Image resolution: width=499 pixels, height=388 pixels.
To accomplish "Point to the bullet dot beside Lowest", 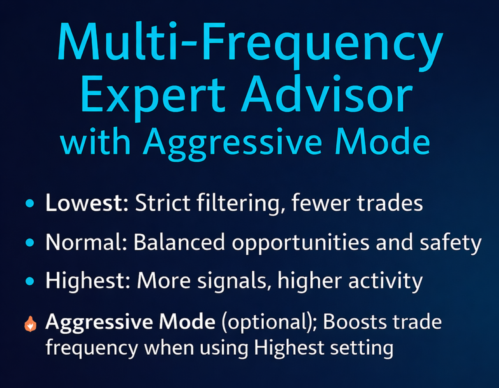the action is click(x=30, y=203).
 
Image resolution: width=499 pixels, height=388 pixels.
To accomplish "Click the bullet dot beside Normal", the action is click(x=30, y=242).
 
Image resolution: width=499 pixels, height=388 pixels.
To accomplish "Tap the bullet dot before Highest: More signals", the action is click(x=30, y=281).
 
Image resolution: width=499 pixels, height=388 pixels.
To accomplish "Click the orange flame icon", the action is click(x=30, y=324).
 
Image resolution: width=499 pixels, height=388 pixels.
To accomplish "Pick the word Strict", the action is click(x=162, y=203).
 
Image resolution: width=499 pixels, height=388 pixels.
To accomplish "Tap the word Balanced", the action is click(x=179, y=242).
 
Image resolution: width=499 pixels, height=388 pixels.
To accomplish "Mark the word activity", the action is click(x=385, y=282).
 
